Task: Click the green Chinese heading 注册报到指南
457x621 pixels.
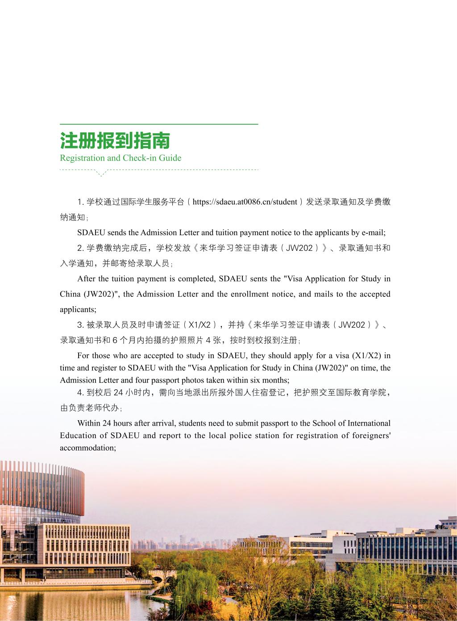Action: coord(115,141)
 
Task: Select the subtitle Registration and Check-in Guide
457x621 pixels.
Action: coord(120,158)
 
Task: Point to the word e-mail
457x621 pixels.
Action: coord(373,232)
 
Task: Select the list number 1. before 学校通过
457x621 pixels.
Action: coord(81,202)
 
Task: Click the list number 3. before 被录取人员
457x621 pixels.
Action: coord(81,325)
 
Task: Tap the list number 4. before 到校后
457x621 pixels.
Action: coord(81,393)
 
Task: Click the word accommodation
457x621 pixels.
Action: coord(88,448)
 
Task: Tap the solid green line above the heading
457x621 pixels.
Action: coord(159,124)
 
